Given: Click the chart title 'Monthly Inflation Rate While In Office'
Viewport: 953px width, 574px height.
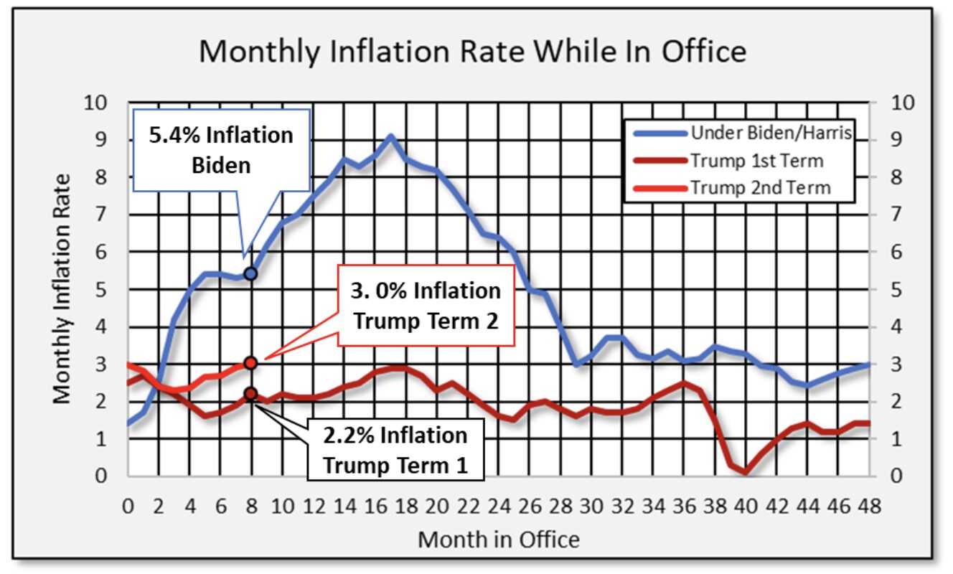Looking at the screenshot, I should click(472, 52).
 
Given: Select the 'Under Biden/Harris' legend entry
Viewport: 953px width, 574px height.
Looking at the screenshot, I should click(770, 133).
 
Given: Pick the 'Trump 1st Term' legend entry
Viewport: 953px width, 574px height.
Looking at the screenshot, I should click(757, 160).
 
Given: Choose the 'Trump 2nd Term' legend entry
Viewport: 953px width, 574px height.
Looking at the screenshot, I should click(760, 188).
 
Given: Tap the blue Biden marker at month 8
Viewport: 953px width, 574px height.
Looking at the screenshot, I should click(250, 274).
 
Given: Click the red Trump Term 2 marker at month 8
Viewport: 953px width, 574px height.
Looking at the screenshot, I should click(250, 363).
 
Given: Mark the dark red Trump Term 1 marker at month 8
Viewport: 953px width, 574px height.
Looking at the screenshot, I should click(250, 393).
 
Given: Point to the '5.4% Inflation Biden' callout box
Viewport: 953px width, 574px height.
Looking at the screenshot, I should click(220, 150).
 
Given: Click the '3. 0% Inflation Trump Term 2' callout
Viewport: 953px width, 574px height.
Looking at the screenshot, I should click(427, 305).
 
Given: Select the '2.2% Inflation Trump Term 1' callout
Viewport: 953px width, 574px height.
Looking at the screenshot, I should click(395, 449).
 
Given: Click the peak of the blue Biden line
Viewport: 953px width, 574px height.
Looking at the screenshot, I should click(390, 136).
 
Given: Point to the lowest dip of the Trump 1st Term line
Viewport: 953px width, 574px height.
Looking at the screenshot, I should click(746, 472).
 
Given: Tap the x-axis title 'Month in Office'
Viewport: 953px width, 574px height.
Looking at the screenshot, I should click(498, 539).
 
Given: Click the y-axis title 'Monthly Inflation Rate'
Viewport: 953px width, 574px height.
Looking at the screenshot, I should click(62, 288).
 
